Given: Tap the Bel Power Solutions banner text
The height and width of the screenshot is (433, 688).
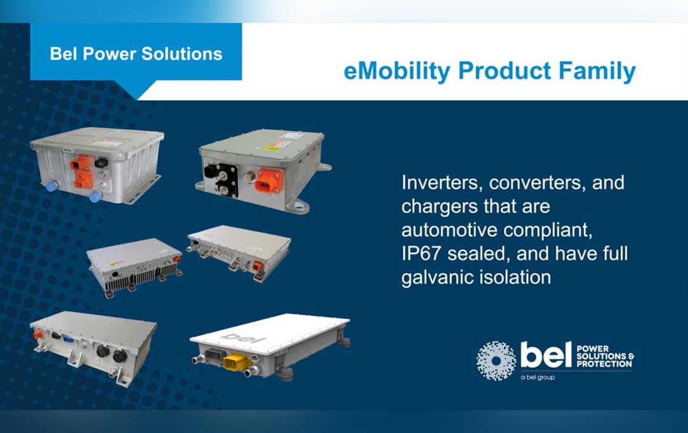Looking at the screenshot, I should tap(136, 53).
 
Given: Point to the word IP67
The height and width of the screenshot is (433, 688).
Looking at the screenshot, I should tap(422, 254).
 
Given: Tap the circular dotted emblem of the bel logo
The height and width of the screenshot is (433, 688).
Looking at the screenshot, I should tap(496, 360).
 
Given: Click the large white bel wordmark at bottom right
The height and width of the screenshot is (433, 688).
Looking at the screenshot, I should tap(545, 356).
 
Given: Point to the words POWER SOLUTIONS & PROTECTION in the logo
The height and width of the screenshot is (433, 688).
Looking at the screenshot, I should tap(605, 357).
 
